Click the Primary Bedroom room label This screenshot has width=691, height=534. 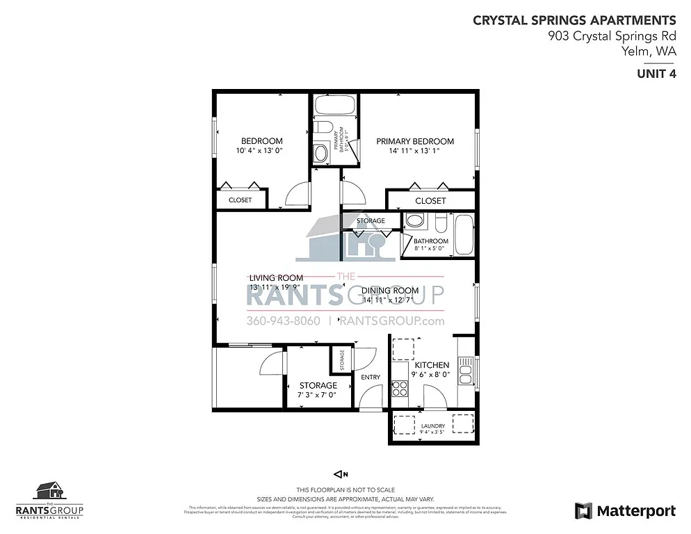[414, 141]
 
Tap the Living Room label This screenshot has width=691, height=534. [276, 277]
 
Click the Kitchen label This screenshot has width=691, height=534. [432, 365]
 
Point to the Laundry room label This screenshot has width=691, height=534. [433, 426]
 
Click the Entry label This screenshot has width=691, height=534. [371, 378]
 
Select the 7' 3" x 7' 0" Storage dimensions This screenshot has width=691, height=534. [318, 395]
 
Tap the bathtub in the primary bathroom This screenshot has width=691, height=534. [335, 106]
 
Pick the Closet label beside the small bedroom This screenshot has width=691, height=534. [240, 200]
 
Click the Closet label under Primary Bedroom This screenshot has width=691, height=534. [430, 201]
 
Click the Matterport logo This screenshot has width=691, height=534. [625, 511]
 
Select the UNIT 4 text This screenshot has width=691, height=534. [656, 75]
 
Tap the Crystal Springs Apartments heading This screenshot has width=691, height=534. [574, 20]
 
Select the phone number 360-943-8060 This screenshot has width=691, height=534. [283, 321]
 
